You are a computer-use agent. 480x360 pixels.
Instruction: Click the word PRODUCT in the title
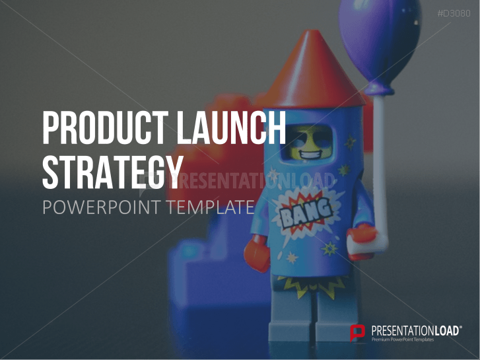(106, 127)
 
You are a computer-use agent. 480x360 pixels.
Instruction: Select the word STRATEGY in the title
(113, 172)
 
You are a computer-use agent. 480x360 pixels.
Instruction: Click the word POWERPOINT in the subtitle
(102, 207)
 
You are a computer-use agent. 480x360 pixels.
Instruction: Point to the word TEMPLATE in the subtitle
(211, 207)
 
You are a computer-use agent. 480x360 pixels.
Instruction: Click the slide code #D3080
(454, 13)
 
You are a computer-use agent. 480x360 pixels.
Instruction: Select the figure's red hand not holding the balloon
(257, 253)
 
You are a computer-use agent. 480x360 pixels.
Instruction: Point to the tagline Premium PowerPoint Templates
(403, 340)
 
